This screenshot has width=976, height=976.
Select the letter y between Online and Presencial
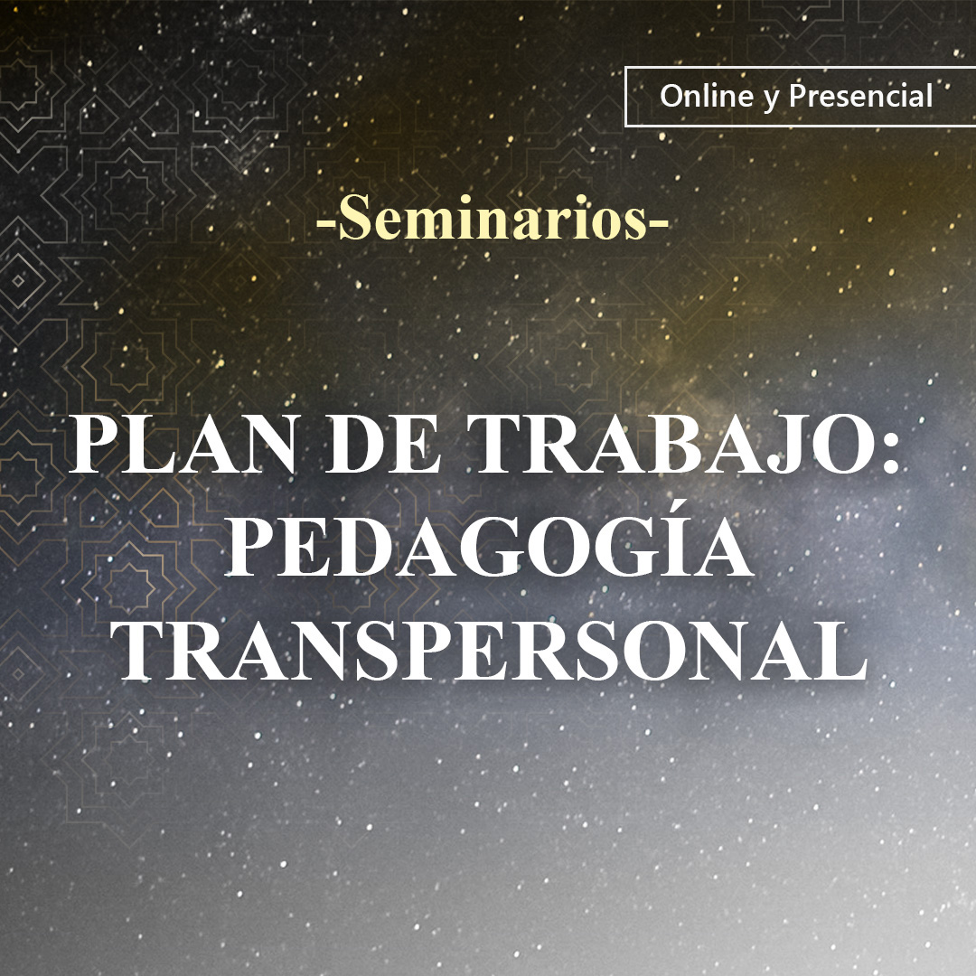coord(770,99)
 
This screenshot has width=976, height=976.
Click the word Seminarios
coord(493,221)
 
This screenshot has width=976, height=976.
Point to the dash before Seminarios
coord(326,223)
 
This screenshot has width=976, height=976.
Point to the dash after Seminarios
coord(660,223)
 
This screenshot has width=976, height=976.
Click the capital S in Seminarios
coord(356,221)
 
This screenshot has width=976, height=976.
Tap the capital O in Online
coord(671,96)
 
